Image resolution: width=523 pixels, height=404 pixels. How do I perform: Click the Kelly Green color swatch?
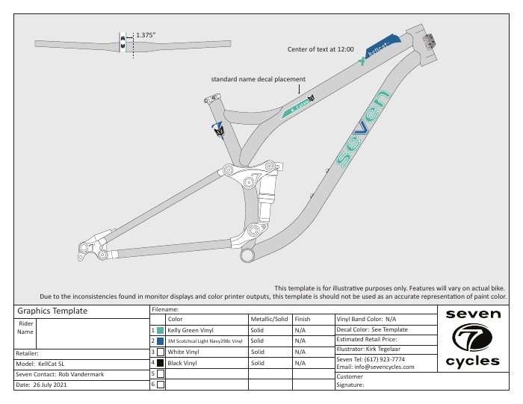click(x=161, y=329)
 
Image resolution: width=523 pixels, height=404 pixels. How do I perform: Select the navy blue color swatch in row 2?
click(x=161, y=341)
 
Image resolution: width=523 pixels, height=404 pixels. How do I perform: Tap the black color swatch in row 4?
click(x=161, y=362)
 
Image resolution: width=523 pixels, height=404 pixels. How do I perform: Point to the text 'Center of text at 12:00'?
click(x=321, y=49)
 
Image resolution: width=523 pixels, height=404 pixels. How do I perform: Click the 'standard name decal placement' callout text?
click(x=258, y=79)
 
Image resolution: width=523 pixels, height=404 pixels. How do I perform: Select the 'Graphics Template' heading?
click(x=52, y=311)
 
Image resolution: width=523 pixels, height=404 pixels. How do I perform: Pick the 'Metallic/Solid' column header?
click(x=270, y=319)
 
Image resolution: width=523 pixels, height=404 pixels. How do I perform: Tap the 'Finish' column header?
click(x=303, y=319)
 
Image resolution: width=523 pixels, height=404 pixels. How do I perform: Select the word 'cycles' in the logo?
click(x=472, y=362)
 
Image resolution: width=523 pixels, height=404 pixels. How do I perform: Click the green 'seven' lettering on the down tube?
click(x=363, y=130)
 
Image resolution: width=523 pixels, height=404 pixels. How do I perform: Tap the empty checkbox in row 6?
click(x=161, y=385)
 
